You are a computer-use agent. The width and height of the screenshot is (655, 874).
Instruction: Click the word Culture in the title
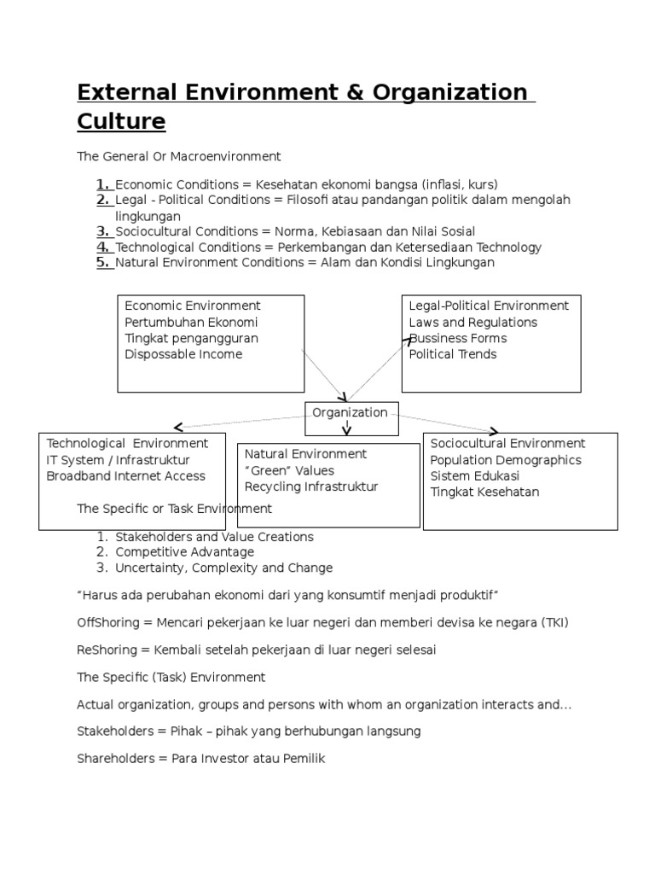[x=121, y=122]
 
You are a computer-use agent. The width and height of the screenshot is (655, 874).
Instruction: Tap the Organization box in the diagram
[x=350, y=413]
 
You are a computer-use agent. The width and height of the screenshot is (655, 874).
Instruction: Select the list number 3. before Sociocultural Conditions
[x=103, y=231]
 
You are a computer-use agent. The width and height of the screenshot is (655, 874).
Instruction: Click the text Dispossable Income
[x=183, y=354]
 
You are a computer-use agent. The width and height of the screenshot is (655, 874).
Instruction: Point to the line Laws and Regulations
[x=472, y=323]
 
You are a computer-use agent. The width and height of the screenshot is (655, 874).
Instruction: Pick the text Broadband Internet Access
[x=125, y=476]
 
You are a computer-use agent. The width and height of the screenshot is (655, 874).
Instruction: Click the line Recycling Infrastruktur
[x=310, y=487]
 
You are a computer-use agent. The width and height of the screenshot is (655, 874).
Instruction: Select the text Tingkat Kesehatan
[x=484, y=492]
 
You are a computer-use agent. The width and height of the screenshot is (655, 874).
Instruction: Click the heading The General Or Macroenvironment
[x=178, y=157]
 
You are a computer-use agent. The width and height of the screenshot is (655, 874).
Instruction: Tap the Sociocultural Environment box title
[x=507, y=444]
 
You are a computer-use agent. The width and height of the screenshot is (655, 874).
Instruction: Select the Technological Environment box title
[x=127, y=444]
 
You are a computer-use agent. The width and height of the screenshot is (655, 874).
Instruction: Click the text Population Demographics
[x=505, y=460]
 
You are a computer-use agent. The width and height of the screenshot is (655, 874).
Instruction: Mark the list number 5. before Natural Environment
[x=103, y=263]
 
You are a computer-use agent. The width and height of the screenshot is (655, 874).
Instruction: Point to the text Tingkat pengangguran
[x=191, y=338]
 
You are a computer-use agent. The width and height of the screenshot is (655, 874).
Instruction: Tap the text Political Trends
[x=452, y=354]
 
